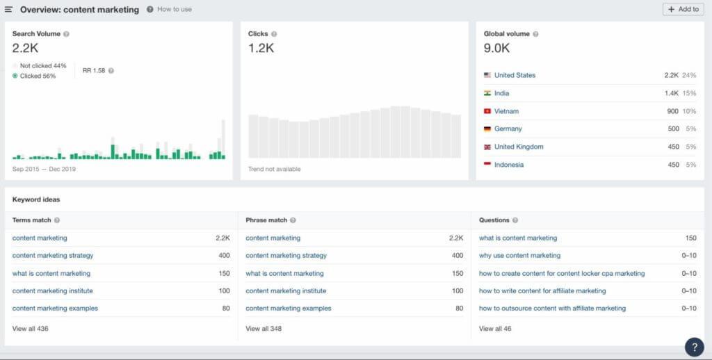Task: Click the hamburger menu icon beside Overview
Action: (x=8, y=10)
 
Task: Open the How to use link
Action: (x=174, y=10)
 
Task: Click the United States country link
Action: (x=515, y=75)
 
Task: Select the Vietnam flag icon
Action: (x=487, y=111)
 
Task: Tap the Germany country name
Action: (x=508, y=129)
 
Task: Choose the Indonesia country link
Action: (x=509, y=165)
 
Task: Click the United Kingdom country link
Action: (x=519, y=147)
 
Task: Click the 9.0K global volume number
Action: (x=497, y=48)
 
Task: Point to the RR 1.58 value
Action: (x=93, y=70)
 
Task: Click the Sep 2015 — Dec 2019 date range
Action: (x=44, y=169)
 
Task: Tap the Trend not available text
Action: (x=275, y=169)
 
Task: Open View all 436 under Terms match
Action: (x=30, y=328)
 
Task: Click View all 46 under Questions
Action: (x=495, y=328)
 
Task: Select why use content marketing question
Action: (x=519, y=256)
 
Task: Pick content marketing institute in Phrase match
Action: (x=286, y=291)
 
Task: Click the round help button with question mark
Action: (x=694, y=347)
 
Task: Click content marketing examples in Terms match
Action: (x=55, y=308)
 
